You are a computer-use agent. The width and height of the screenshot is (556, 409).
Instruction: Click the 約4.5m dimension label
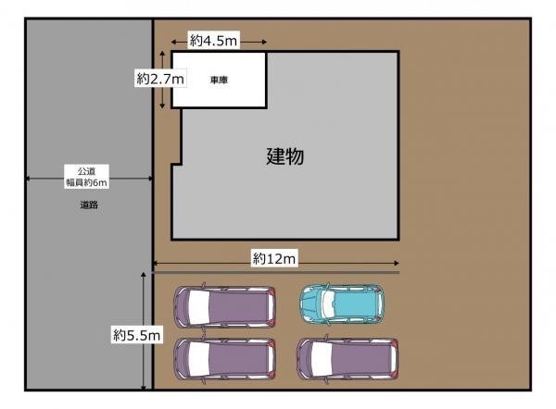pos(213,41)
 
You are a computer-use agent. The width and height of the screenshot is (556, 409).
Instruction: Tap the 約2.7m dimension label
pos(160,79)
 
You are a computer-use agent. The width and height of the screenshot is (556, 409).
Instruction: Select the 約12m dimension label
pos(273,258)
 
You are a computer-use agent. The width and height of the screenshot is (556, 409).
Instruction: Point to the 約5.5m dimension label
pos(137,335)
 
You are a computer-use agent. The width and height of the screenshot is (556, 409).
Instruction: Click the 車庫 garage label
pos(219,81)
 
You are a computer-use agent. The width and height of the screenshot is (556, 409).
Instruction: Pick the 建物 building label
pos(285,156)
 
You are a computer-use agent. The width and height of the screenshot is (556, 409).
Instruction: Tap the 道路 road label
pos(89,204)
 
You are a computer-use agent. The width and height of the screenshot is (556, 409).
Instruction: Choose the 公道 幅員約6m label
pos(86,177)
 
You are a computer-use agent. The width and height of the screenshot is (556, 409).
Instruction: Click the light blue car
pos(342,304)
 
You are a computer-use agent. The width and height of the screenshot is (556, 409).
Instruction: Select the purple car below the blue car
pos(347,359)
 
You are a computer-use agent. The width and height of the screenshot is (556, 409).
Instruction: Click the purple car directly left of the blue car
pos(224,306)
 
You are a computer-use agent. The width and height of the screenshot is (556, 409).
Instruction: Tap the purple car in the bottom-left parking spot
pos(224,359)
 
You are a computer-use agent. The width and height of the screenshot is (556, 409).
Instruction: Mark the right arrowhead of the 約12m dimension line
pos(398,263)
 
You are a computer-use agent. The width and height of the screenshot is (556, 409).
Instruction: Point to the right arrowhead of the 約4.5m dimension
pos(264,42)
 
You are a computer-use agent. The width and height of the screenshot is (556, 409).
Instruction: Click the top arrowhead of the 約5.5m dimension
pos(144,275)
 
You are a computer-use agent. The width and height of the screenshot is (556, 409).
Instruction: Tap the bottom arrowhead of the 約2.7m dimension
pos(162,105)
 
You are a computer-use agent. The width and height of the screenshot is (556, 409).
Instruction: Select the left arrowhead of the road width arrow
pos(28,179)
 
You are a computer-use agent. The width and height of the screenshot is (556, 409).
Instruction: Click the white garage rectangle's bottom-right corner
pos(266,107)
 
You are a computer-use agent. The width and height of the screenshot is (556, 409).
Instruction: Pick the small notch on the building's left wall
pos(177,165)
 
